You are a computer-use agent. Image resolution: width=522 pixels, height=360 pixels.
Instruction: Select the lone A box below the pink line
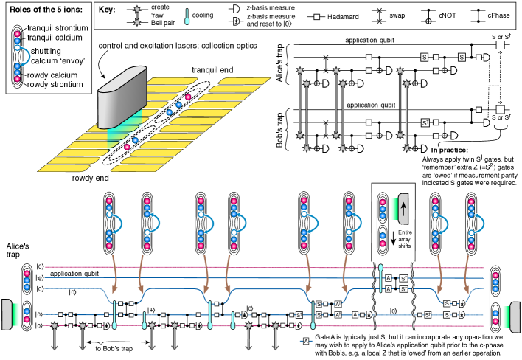306,341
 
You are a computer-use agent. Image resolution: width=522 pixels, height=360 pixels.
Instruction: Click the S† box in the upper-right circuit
425,122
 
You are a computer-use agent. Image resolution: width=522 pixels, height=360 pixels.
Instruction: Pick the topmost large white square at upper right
500,45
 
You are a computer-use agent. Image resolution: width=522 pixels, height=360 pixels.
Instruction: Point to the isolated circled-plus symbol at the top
428,21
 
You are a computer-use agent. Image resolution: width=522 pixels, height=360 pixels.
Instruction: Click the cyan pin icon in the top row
187,16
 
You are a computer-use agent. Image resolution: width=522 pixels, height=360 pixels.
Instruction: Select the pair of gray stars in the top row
136,16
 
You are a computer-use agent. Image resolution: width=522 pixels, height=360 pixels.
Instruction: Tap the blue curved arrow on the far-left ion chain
25,55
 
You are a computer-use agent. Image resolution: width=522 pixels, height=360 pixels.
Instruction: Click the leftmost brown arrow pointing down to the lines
114,272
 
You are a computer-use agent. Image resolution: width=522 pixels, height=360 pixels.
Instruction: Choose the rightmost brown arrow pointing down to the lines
466,272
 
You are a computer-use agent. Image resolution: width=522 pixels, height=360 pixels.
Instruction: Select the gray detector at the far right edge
515,317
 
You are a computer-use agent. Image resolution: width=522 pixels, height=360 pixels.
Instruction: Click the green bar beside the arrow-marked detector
394,209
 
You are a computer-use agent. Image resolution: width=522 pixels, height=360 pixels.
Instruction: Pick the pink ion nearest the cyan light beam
127,147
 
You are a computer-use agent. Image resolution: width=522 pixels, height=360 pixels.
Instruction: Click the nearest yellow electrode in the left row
64,168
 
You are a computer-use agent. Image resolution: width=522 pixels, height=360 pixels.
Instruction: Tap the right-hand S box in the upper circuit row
462,57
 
